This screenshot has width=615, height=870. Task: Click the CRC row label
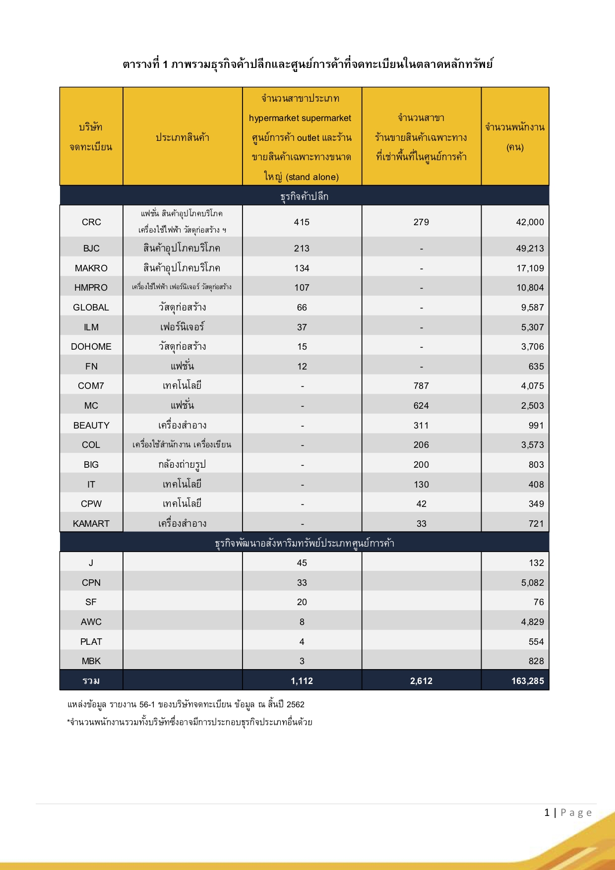(91, 222)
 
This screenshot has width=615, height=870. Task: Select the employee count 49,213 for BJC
(530, 249)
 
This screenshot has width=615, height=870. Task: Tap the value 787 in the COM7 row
(421, 386)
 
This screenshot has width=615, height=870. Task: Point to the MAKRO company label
(91, 268)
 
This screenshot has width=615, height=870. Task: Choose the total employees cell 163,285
(527, 681)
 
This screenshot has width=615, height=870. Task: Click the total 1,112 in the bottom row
(302, 681)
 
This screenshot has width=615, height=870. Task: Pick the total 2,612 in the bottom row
(421, 681)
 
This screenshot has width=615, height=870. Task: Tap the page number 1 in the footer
(547, 812)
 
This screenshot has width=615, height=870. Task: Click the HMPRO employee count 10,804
(530, 288)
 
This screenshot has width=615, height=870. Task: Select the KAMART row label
(91, 524)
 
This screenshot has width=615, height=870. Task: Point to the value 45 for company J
(302, 563)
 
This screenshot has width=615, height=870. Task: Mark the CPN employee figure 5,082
(532, 583)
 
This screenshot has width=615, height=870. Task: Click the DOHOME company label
(91, 347)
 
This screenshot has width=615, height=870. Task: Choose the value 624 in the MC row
(421, 406)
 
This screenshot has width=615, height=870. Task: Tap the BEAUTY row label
(91, 426)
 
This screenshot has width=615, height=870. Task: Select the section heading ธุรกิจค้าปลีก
(304, 196)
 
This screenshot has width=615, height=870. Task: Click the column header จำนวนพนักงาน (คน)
(515, 137)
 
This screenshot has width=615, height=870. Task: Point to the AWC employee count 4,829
(532, 622)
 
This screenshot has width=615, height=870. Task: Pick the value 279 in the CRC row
(421, 222)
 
